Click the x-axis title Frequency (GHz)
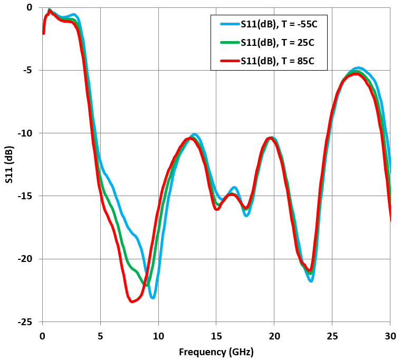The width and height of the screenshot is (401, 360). [x=216, y=352]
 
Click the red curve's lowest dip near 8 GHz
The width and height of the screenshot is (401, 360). [x=132, y=301]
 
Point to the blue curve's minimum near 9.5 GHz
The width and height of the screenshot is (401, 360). [x=152, y=297]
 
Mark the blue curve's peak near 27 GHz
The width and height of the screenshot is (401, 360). [x=359, y=68]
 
